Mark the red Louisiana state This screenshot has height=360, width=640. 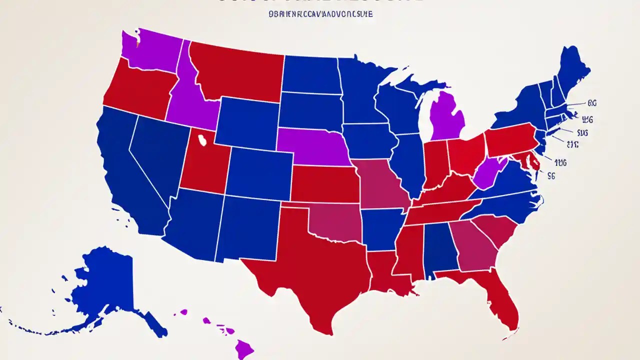[387, 272]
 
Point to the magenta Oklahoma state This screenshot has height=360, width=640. [335, 220]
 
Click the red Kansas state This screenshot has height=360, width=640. [325, 184]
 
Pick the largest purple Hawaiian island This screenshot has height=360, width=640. [243, 348]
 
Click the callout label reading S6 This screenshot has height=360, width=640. [551, 175]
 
